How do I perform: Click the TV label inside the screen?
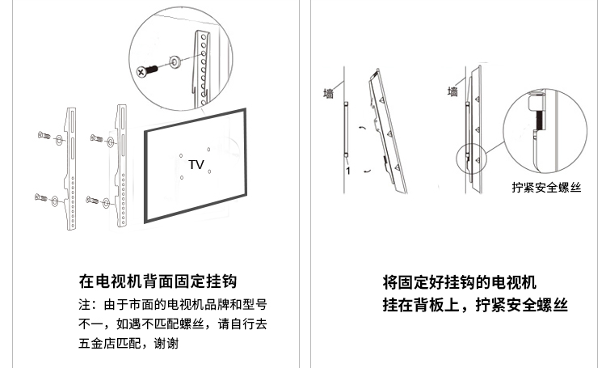[196, 164]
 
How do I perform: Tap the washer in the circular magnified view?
[175, 61]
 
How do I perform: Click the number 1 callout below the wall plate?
[347, 171]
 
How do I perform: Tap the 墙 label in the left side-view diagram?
[329, 94]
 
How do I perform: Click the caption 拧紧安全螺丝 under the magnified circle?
[545, 187]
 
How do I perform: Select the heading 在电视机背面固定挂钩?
[158, 281]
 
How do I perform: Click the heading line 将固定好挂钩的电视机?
[459, 281]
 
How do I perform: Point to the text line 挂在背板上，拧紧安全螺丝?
[474, 306]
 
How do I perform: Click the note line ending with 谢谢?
[128, 343]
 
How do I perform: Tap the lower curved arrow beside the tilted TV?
[368, 171]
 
